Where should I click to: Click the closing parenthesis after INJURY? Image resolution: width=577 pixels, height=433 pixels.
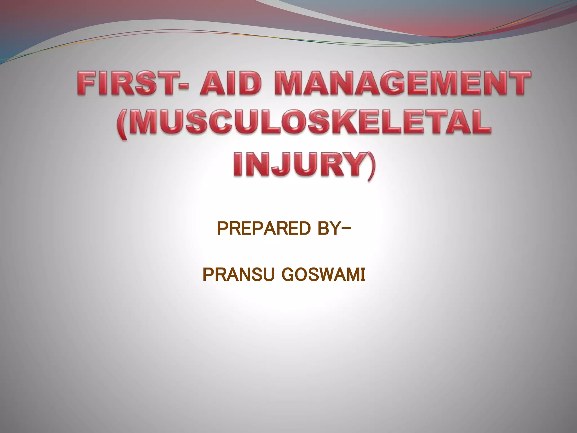tap(371, 165)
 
